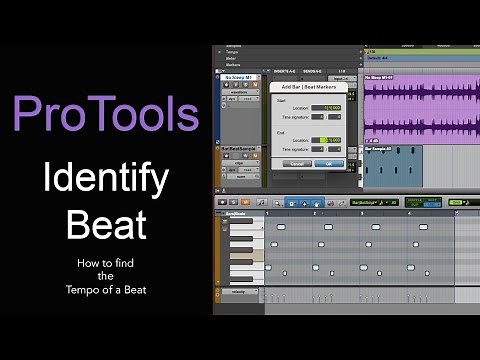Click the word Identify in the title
pyautogui.click(x=105, y=179)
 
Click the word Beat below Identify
pyautogui.click(x=105, y=223)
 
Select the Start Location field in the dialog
pyautogui.click(x=329, y=108)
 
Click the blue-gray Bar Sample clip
pyautogui.click(x=392, y=168)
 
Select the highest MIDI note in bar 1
pyautogui.click(x=280, y=226)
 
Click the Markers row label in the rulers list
pyautogui.click(x=235, y=65)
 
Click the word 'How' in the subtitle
pyautogui.click(x=87, y=264)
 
